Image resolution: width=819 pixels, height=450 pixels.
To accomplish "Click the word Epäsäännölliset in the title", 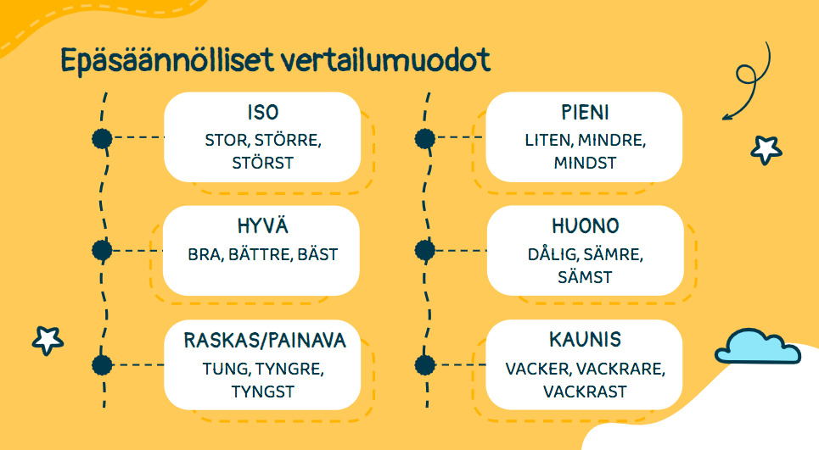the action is [167, 61].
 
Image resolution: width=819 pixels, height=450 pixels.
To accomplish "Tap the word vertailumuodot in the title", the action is [386, 59].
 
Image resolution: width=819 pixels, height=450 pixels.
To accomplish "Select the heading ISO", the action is [263, 113].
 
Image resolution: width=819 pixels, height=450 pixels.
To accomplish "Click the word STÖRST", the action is [263, 163].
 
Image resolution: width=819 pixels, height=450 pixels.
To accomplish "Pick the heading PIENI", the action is [585, 113].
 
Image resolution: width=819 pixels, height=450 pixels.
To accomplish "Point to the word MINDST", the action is [585, 164].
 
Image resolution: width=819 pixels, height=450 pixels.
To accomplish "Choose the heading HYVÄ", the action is [262, 225].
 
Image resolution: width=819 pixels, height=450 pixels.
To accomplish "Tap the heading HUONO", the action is [585, 226].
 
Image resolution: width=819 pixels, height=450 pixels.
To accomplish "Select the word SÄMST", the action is [585, 276].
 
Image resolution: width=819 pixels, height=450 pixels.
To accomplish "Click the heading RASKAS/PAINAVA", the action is [265, 341].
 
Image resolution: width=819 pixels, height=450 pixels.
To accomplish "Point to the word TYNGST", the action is [263, 392].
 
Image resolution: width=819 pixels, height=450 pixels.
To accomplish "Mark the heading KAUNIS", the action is [585, 340].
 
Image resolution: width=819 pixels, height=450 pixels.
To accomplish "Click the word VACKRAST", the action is [585, 392].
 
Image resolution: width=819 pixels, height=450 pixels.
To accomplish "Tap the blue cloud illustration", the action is [757, 347].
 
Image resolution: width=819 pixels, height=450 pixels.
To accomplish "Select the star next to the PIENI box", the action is [766, 150].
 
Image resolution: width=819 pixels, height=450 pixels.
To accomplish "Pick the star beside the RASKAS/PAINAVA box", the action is [48, 341].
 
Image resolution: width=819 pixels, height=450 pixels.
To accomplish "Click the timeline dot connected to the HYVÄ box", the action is [103, 250].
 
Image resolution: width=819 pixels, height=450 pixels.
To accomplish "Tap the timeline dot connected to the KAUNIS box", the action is [425, 365].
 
